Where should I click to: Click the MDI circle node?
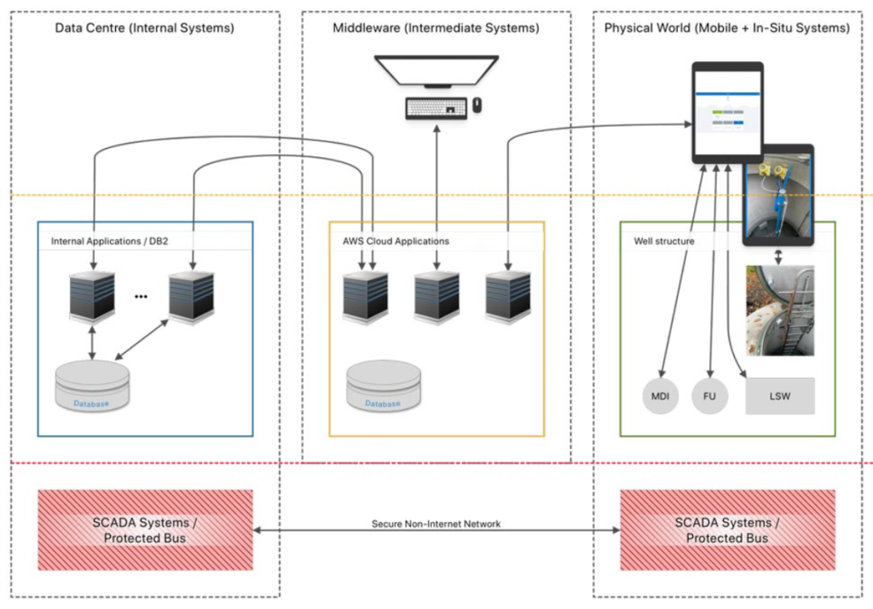(x=660, y=397)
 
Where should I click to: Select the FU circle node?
(x=709, y=397)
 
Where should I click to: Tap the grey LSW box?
(x=780, y=396)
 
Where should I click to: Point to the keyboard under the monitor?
(x=436, y=108)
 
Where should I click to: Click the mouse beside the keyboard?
(x=477, y=106)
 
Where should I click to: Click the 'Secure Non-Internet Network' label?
(x=436, y=524)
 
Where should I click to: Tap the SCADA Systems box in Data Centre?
(x=145, y=530)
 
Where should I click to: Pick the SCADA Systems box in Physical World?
(x=727, y=530)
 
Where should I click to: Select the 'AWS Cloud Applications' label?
(x=390, y=241)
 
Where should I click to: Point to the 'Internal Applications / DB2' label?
(x=110, y=241)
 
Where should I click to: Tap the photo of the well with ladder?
(x=779, y=310)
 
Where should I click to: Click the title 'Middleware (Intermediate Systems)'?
(x=436, y=28)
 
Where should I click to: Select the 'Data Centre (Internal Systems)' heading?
(x=145, y=28)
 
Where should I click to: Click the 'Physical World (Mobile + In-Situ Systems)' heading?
(x=727, y=28)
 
